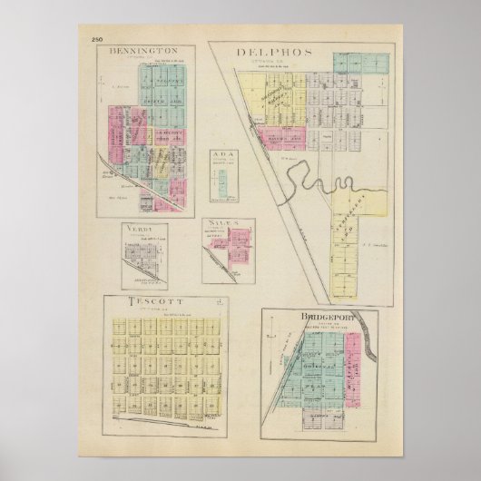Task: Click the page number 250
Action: (x=98, y=37)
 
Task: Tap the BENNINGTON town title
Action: (x=150, y=51)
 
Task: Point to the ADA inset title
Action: (x=224, y=155)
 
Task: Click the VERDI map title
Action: (x=142, y=228)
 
